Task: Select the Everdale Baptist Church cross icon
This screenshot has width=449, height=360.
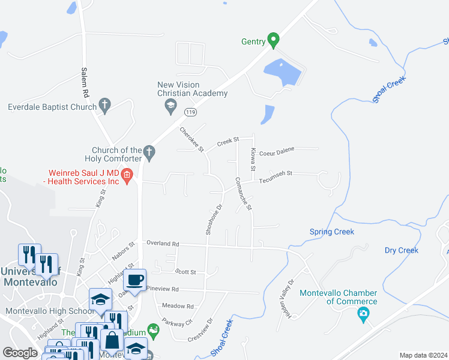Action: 104,106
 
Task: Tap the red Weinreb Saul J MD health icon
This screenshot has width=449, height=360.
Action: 127,176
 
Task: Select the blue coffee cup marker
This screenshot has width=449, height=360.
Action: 135,280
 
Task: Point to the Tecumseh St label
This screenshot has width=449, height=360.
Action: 276,174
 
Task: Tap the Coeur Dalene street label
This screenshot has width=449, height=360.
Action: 276,151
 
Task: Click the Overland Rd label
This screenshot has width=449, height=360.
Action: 163,244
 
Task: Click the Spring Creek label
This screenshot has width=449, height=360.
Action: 331,232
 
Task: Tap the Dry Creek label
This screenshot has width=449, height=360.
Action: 401,250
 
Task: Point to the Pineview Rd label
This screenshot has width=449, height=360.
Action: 163,289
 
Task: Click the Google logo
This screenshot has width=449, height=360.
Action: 20,353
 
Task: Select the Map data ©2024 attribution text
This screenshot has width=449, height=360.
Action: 423,355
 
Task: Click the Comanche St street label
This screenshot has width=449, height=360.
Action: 243,193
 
